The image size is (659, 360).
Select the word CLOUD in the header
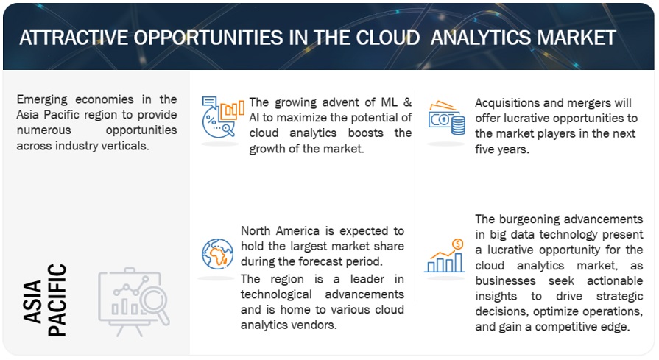[x=388, y=38]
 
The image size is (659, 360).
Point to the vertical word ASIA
[x=33, y=302]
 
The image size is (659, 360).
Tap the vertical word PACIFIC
[x=57, y=300]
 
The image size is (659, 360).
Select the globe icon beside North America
[x=217, y=254]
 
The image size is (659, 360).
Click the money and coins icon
[x=446, y=118]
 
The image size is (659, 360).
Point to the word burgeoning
[x=529, y=219]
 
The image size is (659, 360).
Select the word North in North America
[x=256, y=231]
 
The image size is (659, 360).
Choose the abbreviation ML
[x=390, y=102]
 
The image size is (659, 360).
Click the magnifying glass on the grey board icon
[x=155, y=303]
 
